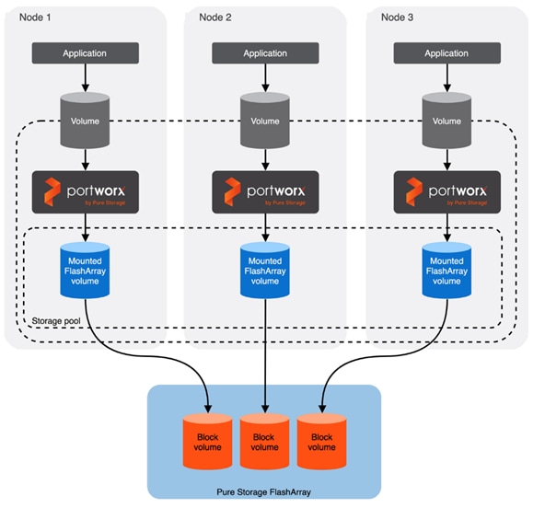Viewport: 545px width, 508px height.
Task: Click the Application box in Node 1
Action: point(85,53)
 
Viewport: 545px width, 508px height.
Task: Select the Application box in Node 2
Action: point(265,53)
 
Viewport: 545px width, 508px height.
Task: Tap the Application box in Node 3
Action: point(446,53)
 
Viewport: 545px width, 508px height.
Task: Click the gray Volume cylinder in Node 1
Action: point(85,120)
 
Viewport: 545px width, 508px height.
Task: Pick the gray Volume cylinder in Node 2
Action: point(265,120)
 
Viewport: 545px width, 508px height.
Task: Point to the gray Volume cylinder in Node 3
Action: point(446,120)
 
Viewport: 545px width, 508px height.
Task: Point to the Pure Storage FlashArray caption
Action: point(264,492)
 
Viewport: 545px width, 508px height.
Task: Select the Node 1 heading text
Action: point(38,17)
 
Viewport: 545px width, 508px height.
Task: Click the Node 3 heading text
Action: point(399,17)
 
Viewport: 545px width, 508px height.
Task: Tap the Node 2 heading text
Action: point(215,17)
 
